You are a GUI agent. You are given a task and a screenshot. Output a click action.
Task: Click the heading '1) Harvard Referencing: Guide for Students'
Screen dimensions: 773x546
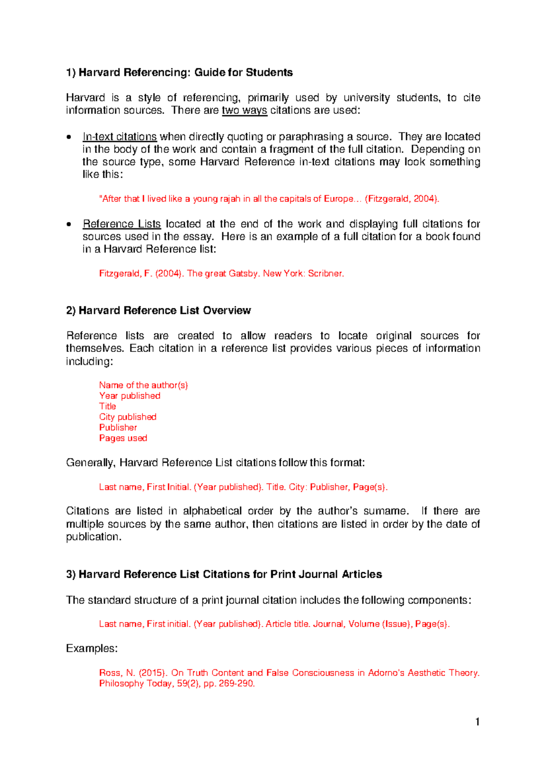click(x=179, y=72)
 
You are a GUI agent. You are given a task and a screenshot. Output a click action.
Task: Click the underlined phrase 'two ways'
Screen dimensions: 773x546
click(x=244, y=111)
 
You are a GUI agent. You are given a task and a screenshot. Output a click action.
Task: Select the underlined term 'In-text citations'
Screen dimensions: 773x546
click(x=120, y=137)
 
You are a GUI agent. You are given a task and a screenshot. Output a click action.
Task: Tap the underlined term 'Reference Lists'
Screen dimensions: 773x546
click(x=121, y=224)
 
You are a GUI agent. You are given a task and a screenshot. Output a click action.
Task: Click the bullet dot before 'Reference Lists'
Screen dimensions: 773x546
click(x=68, y=224)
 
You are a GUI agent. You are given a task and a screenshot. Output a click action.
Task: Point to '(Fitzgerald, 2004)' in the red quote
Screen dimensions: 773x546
click(x=402, y=199)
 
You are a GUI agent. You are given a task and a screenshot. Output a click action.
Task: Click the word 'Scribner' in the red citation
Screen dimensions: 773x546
click(x=325, y=274)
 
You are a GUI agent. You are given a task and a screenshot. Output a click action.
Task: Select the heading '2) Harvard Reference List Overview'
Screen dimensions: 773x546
click(x=158, y=310)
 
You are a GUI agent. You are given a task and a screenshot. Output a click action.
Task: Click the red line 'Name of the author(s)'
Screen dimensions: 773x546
click(x=143, y=385)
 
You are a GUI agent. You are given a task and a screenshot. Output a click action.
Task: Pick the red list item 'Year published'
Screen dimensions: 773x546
click(x=130, y=396)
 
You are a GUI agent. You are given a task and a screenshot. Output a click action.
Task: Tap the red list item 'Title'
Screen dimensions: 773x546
click(x=108, y=406)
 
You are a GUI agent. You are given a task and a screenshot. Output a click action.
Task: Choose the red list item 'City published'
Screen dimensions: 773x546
click(x=128, y=417)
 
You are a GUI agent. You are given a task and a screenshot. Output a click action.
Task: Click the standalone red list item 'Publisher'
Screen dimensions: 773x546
click(x=118, y=427)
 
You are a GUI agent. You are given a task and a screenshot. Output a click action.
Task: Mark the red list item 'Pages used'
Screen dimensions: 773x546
click(x=123, y=438)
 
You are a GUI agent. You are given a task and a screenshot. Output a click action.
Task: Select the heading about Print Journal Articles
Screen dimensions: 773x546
click(x=224, y=575)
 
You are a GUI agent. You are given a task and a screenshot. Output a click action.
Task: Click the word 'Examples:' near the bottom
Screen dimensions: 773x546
click(x=92, y=648)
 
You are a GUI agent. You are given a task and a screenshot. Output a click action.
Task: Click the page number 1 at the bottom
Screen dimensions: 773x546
click(x=477, y=722)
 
